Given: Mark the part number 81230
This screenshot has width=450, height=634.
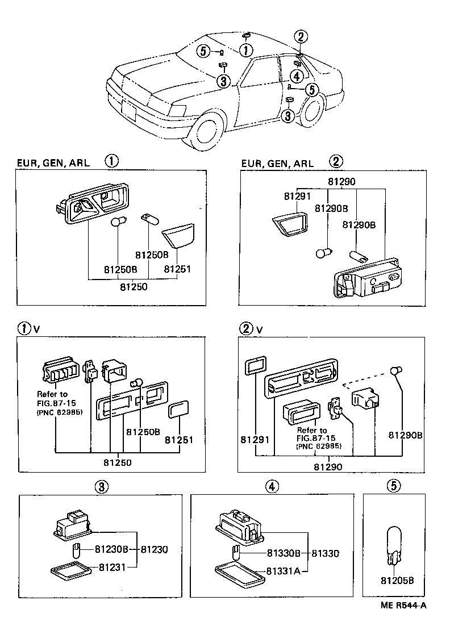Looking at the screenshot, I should [154, 549].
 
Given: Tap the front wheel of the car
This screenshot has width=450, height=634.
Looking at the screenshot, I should [207, 132].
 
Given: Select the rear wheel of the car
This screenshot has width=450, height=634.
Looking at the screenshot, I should [311, 111].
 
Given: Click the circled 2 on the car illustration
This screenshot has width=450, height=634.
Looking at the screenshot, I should [301, 37].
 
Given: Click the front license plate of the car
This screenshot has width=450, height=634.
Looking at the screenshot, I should [128, 111].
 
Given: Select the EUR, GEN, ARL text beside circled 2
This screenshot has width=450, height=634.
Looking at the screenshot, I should [278, 164].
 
